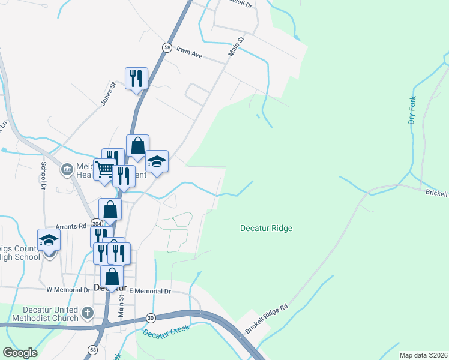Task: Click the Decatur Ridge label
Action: tap(266, 228)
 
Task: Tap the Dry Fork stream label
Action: tap(412, 112)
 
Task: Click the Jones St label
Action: tap(107, 95)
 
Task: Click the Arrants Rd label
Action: tap(71, 226)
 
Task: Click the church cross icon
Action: tap(88, 312)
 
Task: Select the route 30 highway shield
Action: tap(150, 318)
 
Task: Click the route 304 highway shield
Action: tap(97, 222)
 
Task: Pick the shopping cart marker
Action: tap(104, 170)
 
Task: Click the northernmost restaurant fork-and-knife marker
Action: tap(136, 78)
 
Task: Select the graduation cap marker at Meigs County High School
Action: tap(49, 240)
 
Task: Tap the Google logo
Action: tap(20, 353)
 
